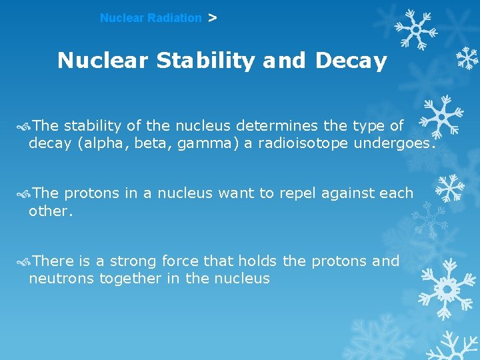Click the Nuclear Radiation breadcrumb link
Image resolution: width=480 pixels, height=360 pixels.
(x=150, y=18)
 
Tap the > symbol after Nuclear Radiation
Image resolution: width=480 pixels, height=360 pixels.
(x=212, y=18)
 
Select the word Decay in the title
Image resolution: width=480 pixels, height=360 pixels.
(x=351, y=61)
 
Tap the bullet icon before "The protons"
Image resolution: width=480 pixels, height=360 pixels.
(x=25, y=193)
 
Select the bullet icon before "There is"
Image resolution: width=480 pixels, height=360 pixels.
(x=25, y=261)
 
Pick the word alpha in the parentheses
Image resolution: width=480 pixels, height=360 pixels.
(x=102, y=143)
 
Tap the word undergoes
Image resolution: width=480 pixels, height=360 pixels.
(x=395, y=143)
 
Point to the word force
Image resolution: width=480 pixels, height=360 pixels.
(x=179, y=261)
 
